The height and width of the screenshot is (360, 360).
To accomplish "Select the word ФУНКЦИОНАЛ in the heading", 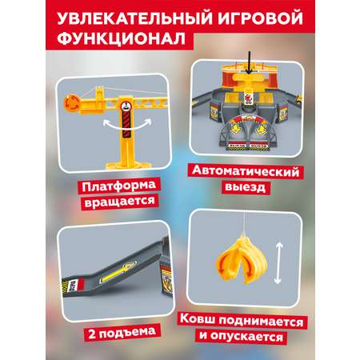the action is point(122,38).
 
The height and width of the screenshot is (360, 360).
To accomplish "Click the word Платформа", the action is point(119,186).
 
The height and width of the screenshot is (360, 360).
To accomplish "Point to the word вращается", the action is point(120,202).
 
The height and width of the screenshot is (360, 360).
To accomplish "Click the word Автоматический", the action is point(246,171).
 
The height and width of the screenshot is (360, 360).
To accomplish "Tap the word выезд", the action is point(246,187).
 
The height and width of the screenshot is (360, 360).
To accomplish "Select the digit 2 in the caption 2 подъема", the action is point(92,334).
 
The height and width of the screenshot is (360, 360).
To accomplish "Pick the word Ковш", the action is point(198,319).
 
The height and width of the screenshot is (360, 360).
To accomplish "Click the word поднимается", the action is point(262,322).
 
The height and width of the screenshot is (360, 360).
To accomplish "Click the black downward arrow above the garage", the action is point(249,62).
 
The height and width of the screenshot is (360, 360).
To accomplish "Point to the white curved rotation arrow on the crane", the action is point(127,126).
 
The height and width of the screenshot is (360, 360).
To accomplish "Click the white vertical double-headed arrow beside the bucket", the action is point(278,263).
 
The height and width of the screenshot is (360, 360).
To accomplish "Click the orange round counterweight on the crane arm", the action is point(72,102).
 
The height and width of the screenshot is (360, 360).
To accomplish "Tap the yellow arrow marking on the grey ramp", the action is point(118,272).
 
